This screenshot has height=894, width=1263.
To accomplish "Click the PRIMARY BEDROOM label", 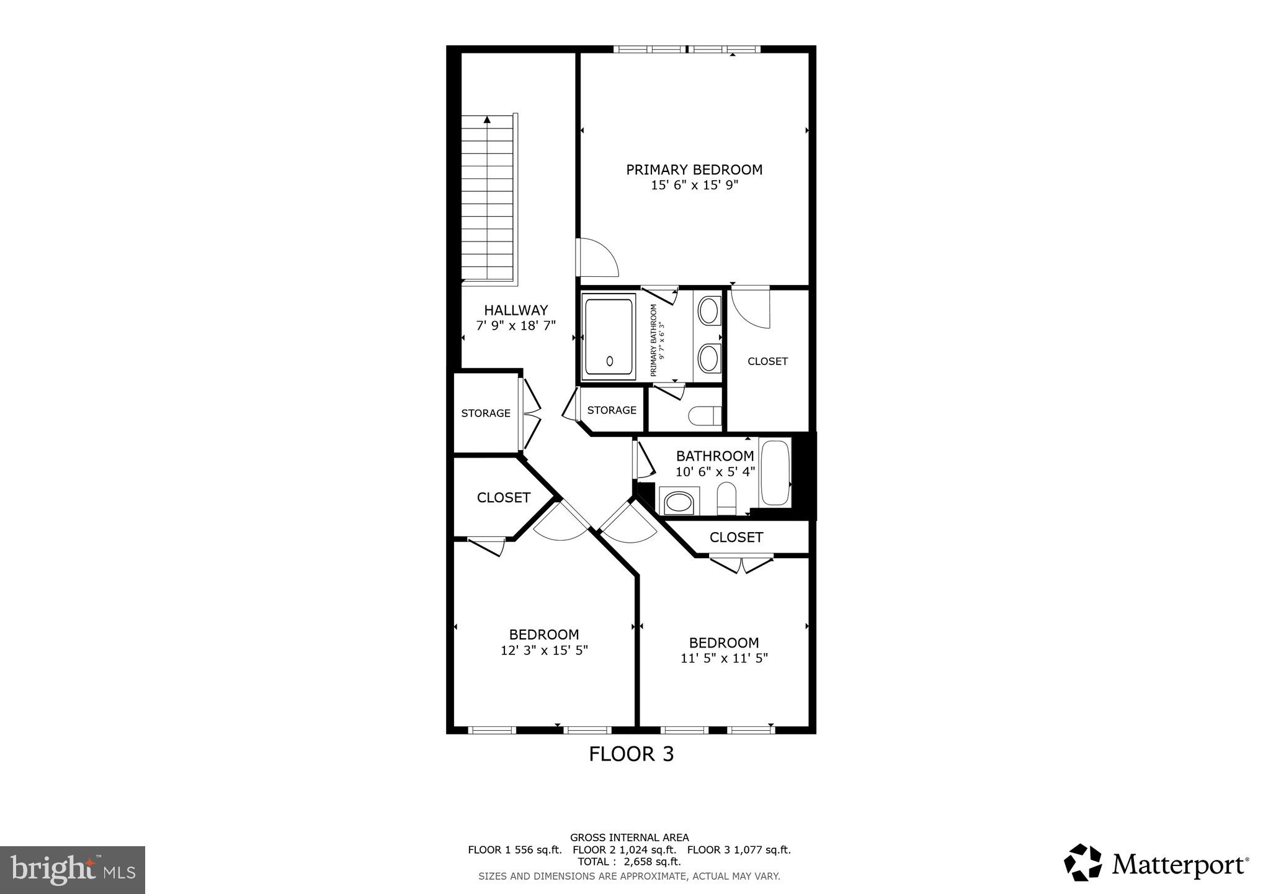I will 694,169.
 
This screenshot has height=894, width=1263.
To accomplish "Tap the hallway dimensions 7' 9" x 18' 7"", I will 515,325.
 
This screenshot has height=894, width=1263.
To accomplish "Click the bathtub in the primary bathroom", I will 609,336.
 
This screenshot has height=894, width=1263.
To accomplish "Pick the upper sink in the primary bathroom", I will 708,310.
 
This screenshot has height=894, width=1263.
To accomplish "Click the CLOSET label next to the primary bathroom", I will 767,361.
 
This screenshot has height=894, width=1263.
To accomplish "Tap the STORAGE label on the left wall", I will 486,413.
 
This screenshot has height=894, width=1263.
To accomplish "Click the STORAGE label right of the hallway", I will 612,410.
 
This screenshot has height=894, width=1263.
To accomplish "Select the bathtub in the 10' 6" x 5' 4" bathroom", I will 774,472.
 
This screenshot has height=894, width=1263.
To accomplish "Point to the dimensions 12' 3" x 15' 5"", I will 544,651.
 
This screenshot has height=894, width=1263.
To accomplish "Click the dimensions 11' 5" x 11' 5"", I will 724,658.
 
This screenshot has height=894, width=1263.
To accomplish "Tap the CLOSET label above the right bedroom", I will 736,538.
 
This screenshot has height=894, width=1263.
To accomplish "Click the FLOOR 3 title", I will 631,754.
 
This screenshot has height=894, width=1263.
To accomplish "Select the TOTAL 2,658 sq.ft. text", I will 629,862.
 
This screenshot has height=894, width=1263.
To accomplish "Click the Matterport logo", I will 1156,864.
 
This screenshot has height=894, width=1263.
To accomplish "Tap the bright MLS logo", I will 73,870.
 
